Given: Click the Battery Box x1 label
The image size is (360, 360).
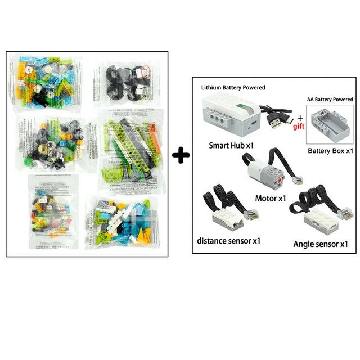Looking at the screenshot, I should coord(330,151).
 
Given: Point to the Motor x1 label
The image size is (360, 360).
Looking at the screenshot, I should coord(271,198).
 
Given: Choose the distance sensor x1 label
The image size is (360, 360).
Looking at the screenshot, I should coord(228,240).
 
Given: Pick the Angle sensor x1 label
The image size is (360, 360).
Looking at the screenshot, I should coord(321,244).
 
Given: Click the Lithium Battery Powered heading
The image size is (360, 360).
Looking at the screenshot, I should coord(233,88).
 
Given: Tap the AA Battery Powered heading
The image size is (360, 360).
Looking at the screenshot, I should coord(330,99).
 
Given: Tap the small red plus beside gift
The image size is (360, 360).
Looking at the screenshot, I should coord(300,117).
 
